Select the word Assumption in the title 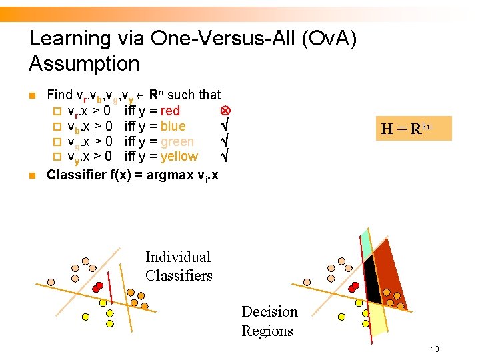point(84,64)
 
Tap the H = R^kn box point(412,128)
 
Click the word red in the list point(170,111)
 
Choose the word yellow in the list point(179,157)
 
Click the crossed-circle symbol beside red point(225,110)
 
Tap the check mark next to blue point(225,125)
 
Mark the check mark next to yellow point(225,156)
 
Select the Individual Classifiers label point(178,266)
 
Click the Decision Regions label point(269,321)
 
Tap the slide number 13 point(435,349)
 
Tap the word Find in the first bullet point(60,95)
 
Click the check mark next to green point(225,141)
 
